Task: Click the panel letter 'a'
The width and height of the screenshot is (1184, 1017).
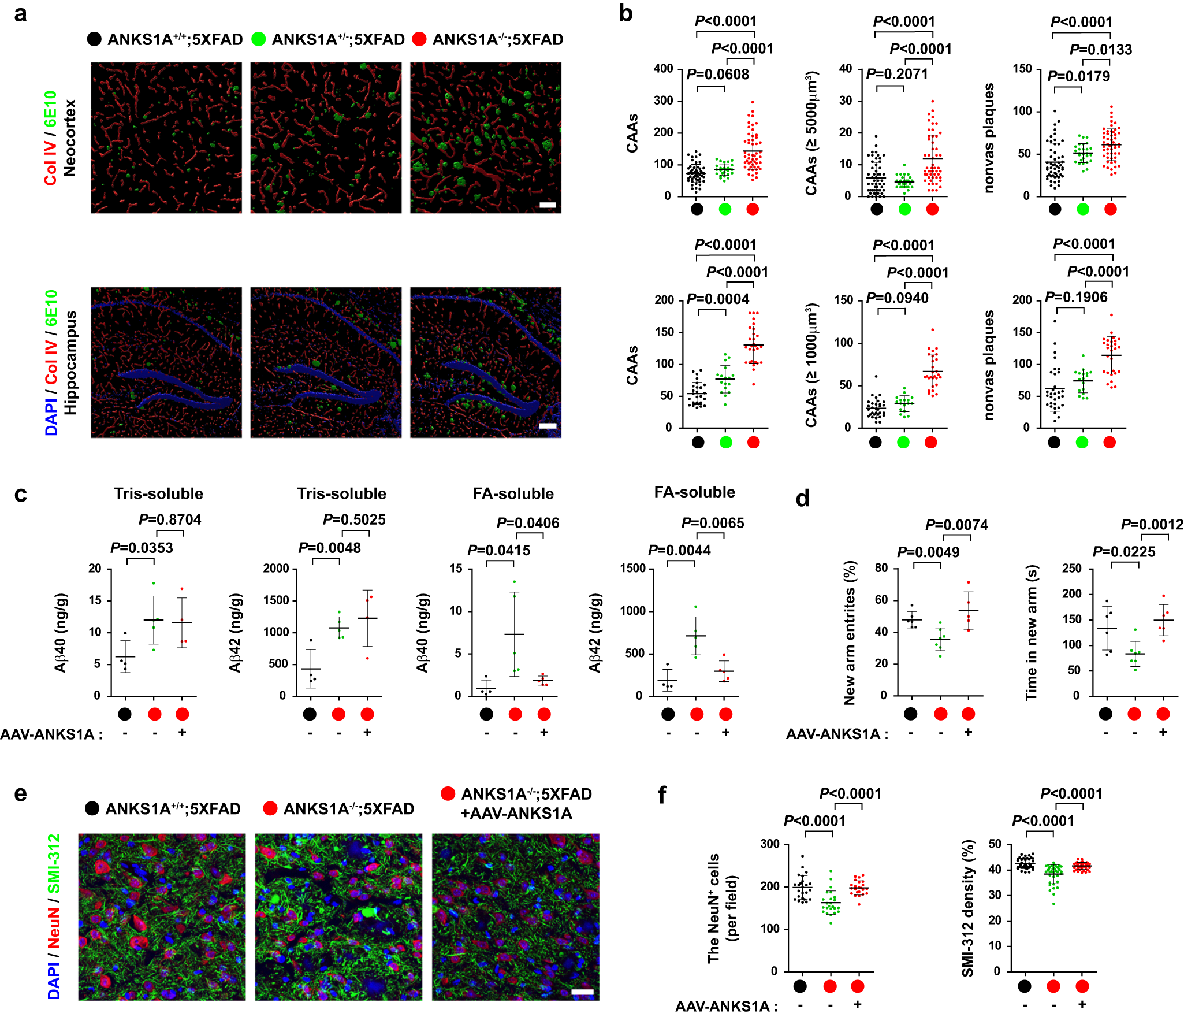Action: (21, 14)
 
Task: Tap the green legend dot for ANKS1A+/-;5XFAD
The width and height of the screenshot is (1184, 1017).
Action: (259, 39)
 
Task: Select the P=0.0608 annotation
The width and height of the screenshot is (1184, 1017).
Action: (717, 75)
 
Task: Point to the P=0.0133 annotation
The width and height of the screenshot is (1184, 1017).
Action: (1100, 50)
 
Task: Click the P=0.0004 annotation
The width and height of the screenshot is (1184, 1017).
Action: (717, 299)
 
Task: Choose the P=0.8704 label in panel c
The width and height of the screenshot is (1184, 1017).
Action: (170, 519)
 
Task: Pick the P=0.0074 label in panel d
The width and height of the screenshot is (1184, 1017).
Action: (956, 525)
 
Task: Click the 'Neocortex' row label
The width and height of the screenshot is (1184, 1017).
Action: (70, 138)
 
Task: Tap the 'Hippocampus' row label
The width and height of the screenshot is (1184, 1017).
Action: (70, 363)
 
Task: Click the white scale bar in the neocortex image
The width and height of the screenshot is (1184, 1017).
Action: (548, 205)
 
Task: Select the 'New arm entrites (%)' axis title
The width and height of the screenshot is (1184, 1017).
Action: (849, 633)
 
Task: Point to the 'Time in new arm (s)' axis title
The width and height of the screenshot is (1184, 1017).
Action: (1032, 633)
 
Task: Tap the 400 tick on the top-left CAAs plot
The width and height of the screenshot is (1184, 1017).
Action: (663, 69)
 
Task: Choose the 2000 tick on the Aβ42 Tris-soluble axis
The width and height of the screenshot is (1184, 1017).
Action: (276, 569)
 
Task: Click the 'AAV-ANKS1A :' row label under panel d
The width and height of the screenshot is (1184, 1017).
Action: (837, 734)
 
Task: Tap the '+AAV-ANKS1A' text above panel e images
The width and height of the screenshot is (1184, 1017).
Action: (516, 814)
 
